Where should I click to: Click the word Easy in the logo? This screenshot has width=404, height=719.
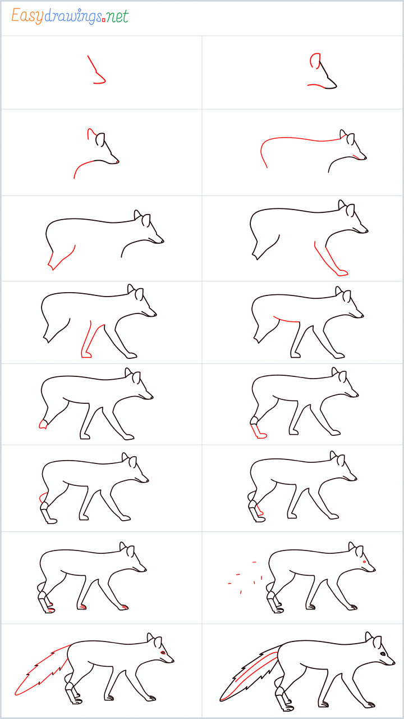click(27, 16)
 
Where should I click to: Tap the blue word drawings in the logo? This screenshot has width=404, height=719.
click(73, 16)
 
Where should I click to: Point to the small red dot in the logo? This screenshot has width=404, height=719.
click(104, 21)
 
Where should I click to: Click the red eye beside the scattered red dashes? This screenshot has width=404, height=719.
click(364, 562)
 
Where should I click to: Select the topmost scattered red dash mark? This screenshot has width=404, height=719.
click(254, 562)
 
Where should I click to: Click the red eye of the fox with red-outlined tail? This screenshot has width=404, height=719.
click(163, 653)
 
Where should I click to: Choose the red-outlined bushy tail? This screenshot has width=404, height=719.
click(42, 670)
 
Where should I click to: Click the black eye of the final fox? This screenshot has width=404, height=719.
click(383, 654)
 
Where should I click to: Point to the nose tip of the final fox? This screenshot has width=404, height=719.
click(393, 663)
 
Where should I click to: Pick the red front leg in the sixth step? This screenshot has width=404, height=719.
click(330, 261)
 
